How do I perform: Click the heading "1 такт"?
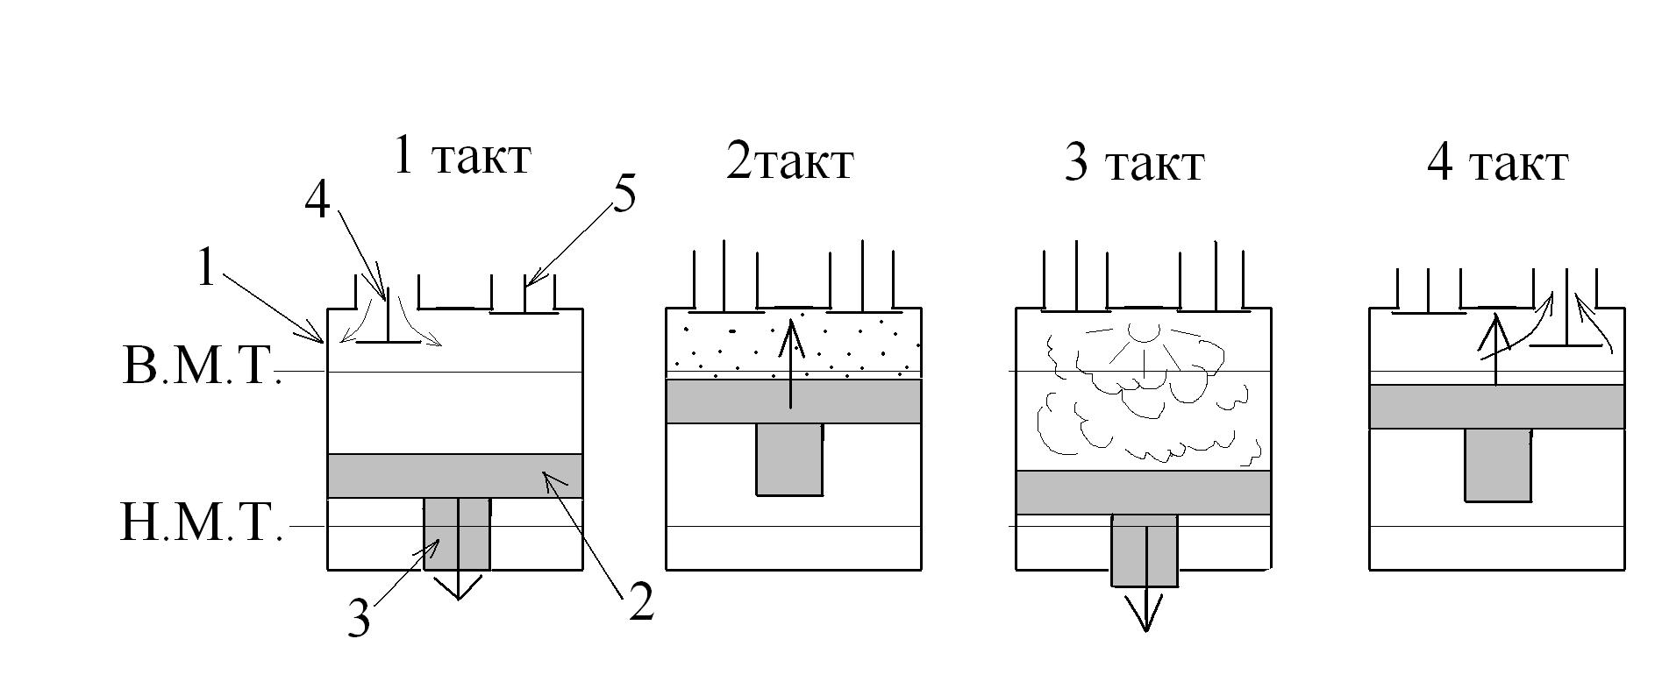click(462, 156)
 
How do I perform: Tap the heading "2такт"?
click(789, 162)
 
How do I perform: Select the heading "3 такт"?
click(1134, 162)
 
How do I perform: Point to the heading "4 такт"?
click(1498, 162)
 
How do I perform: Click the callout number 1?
click(205, 267)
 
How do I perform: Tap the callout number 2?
click(641, 602)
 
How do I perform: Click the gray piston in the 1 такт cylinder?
click(455, 475)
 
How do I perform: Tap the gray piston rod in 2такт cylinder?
click(789, 459)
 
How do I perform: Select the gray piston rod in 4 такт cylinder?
click(1498, 465)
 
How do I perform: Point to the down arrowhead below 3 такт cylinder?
click(1145, 613)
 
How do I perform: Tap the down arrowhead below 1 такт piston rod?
click(458, 588)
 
